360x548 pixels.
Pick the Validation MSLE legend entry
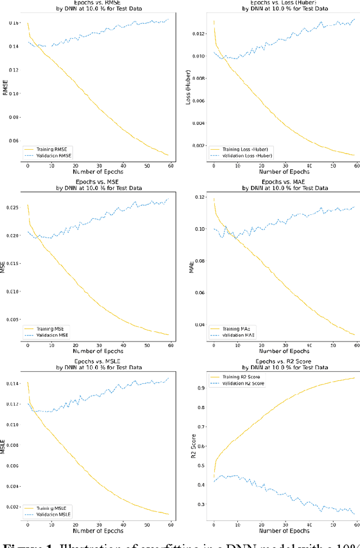pos(55,515)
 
